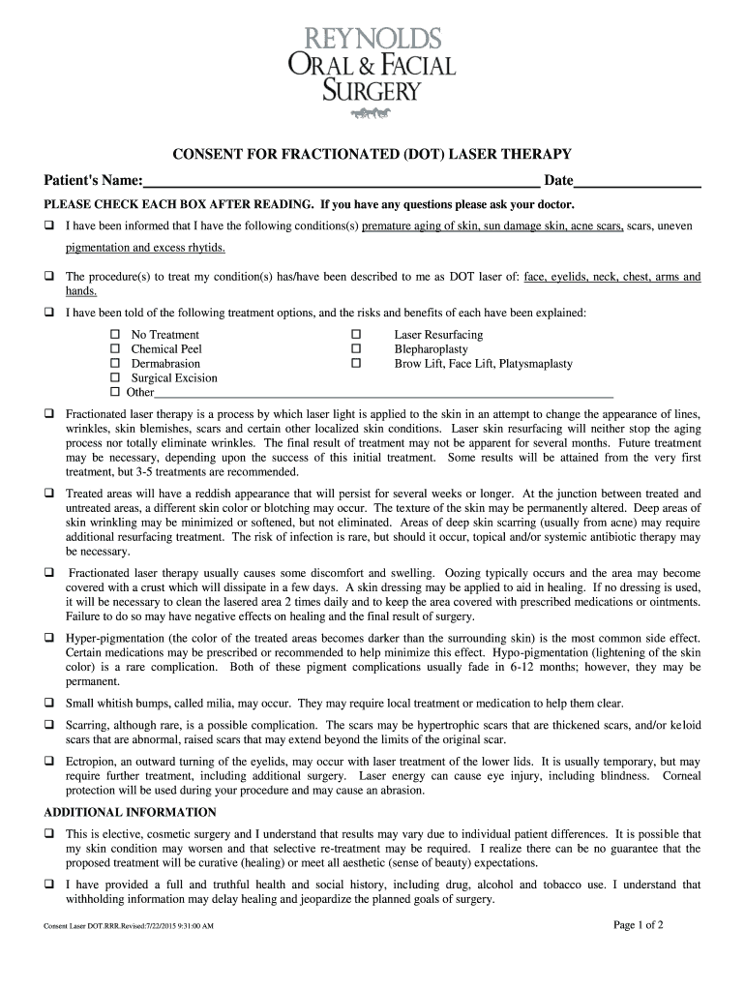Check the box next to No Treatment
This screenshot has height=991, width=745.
tap(114, 335)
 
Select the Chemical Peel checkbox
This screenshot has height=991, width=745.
tap(114, 349)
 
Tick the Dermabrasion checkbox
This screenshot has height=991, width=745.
tap(114, 364)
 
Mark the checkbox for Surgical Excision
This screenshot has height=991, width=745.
tap(114, 378)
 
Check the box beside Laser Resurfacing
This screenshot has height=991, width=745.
tap(355, 335)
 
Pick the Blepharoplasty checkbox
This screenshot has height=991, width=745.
tap(355, 349)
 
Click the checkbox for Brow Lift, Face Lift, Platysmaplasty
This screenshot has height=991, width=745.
tap(355, 364)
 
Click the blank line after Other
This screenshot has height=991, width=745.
tap(383, 393)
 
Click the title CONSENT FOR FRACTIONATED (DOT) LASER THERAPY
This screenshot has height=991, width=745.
tap(372, 155)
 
